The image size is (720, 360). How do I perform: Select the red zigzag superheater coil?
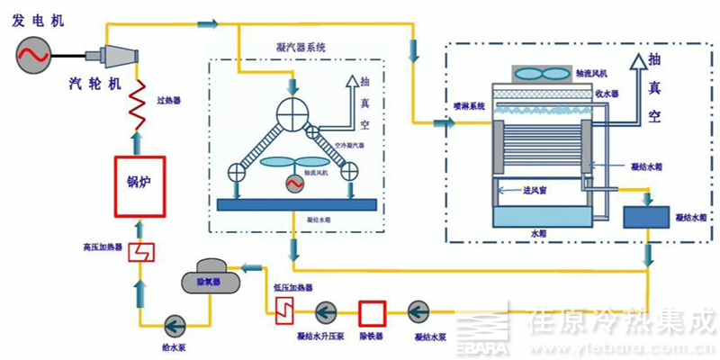coord(137,101)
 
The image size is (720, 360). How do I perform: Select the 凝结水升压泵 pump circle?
coord(326,312)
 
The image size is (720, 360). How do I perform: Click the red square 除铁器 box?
coord(371,312)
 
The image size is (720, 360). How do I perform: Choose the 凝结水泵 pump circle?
coord(418,312)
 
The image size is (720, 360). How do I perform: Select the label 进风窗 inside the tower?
coord(524,191)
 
